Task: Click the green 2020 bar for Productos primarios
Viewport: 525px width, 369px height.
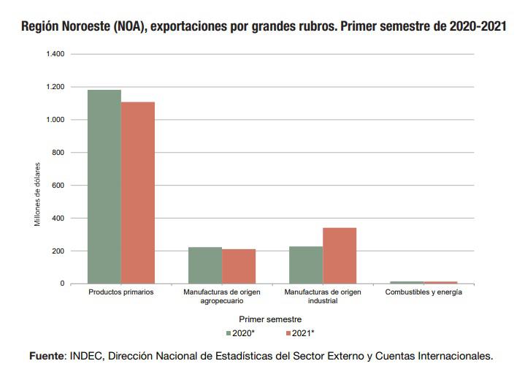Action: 104,186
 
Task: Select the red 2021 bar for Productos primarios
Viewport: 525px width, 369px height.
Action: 138,192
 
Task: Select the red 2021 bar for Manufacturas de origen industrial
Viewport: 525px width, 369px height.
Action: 340,256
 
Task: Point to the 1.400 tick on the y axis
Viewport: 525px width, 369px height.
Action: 55,54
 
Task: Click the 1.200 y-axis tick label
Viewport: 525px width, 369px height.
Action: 55,87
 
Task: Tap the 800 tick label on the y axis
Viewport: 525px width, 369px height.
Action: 58,153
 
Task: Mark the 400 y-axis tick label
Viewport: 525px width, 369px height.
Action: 58,218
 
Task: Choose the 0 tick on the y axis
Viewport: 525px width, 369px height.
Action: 62,284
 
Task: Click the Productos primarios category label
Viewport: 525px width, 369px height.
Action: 121,292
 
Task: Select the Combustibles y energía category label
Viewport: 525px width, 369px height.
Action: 424,292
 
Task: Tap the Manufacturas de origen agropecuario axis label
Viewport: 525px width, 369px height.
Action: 222,297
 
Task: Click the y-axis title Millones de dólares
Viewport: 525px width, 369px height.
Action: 38,193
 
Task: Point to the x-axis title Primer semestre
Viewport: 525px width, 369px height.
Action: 270,319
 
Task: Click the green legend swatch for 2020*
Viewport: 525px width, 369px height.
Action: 228,333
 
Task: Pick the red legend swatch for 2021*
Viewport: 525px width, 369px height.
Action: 287,333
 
